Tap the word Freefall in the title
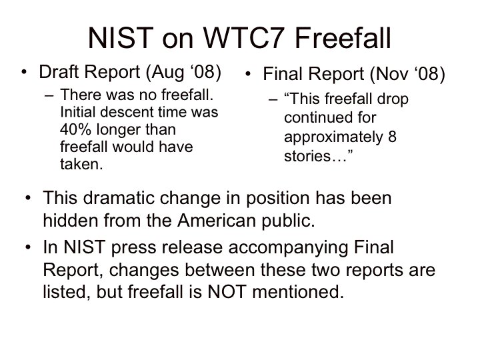coord(343,38)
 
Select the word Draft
coord(59,71)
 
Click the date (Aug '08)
coord(184,73)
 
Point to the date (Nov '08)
coord(407,75)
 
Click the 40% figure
coord(75,129)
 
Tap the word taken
coord(81,165)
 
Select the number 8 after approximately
coord(392,137)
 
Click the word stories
coord(307,156)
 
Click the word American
coord(216,221)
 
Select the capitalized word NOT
coord(227,292)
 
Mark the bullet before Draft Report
coord(24,73)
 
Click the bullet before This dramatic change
coord(28,198)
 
